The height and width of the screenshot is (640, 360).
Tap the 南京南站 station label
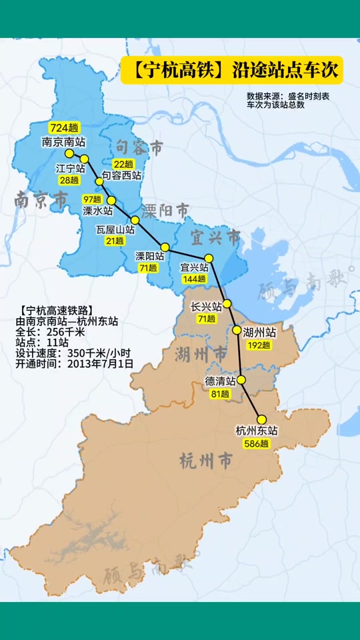(64, 141)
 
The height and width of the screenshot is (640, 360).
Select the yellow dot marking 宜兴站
(209, 258)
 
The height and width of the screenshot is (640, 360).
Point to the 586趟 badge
(256, 443)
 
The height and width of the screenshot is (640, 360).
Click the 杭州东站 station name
(257, 431)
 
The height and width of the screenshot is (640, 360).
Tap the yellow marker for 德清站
(242, 380)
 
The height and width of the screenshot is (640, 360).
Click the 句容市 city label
(139, 147)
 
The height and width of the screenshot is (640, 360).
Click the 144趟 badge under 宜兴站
(194, 279)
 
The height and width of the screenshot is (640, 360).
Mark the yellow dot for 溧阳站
(165, 247)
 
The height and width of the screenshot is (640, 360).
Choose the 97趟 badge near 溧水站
(92, 199)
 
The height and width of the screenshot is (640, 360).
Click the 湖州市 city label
(201, 355)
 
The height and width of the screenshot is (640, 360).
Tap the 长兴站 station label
(206, 307)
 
